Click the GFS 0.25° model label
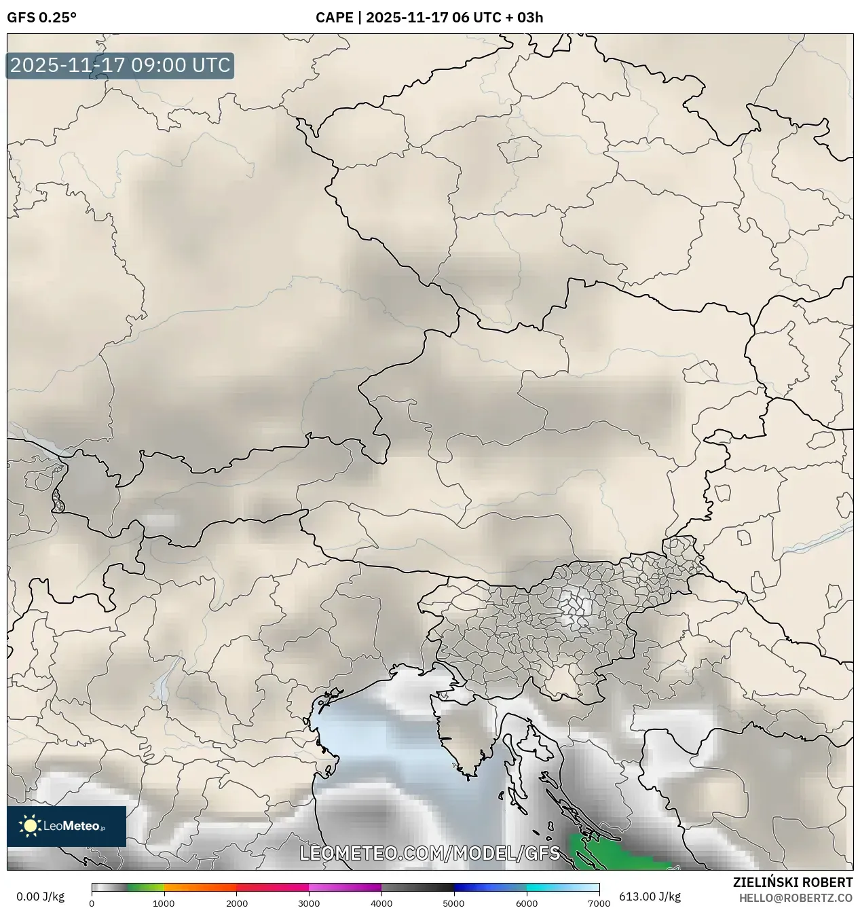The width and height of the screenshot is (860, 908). coord(41,18)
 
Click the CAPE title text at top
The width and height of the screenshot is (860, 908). coord(429,18)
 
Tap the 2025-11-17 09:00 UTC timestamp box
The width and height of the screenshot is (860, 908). coord(120,66)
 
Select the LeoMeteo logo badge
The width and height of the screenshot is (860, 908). coord(67,826)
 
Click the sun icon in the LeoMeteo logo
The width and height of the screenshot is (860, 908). coord(31,826)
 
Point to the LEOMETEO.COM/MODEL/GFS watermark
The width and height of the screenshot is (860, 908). coord(430,853)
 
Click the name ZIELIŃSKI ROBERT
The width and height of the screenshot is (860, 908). coord(793,882)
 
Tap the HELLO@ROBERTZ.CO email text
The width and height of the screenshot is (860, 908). coord(796,897)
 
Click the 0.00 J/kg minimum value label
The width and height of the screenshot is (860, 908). coord(40,896)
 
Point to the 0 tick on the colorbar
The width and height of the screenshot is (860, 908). coord(92,903)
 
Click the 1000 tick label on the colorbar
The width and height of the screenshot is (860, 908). coord(164,903)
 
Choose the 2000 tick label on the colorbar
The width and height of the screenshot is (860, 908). coord(236,903)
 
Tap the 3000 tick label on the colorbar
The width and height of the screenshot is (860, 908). coord(309,903)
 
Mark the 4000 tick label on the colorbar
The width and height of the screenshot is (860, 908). coord(381,903)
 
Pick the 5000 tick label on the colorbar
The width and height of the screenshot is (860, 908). coord(454,903)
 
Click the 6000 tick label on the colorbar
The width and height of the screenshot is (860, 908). coord(527,903)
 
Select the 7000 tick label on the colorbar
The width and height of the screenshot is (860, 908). coord(599,903)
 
